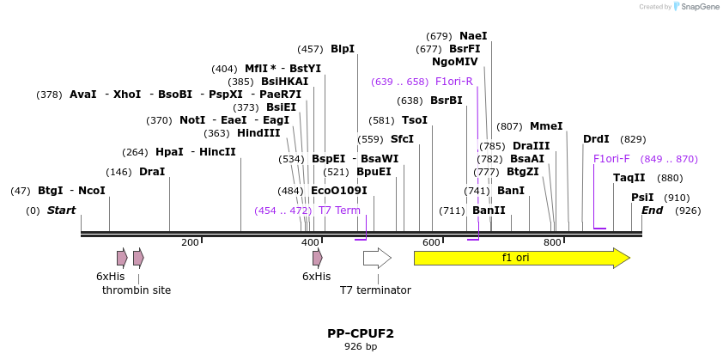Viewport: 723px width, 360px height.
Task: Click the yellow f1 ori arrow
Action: [x=521, y=258]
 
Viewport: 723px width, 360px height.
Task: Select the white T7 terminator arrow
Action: [x=377, y=258]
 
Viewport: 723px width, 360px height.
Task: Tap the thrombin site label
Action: [x=137, y=290]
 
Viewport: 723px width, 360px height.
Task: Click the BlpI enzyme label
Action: [x=343, y=50]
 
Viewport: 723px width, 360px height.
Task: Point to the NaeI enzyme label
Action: [x=473, y=36]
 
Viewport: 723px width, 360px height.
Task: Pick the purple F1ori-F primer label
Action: [x=611, y=159]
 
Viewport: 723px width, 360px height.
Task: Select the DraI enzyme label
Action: [x=152, y=172]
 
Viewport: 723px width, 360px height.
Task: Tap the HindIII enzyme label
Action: [x=258, y=133]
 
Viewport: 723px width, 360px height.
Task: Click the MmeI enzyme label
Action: [x=546, y=126]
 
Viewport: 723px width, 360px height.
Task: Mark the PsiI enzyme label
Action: [x=642, y=198]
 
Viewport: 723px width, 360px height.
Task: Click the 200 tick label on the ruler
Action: [x=190, y=242]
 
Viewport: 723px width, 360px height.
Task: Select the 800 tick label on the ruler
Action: [x=553, y=242]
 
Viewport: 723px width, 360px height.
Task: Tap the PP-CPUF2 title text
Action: [x=361, y=333]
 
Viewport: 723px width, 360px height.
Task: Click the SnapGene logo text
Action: [x=697, y=7]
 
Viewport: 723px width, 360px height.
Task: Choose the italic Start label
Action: [x=61, y=211]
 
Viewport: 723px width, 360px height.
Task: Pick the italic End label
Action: [x=653, y=211]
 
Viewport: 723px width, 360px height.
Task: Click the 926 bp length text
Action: [x=361, y=347]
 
